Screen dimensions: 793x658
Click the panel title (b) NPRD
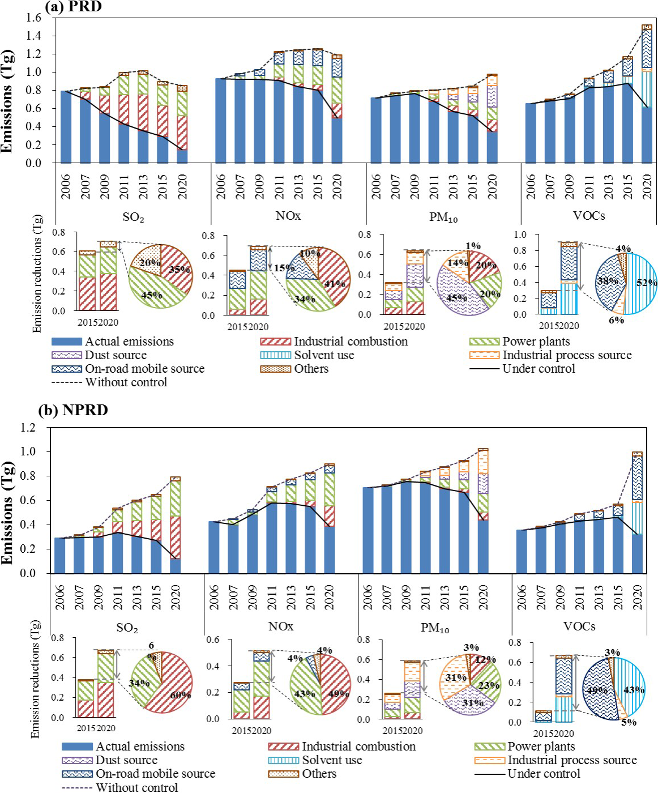(73, 410)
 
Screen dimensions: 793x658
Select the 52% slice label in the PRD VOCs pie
(646, 283)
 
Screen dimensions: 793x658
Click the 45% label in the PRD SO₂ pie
(151, 295)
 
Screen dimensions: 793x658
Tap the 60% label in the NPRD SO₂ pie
(181, 694)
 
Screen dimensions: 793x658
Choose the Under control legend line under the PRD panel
(484, 369)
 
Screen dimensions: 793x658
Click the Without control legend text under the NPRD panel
(136, 787)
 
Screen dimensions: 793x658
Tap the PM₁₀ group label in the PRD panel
(443, 218)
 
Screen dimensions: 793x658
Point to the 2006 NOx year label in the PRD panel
(221, 186)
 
